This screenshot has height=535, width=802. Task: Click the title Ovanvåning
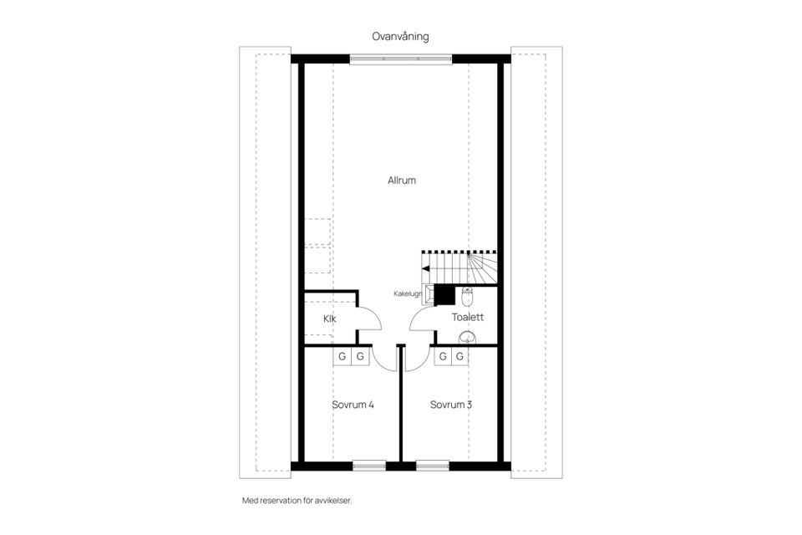click(401, 36)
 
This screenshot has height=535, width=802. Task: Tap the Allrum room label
click(401, 181)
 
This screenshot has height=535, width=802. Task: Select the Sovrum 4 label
click(352, 405)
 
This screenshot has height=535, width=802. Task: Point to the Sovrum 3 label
click(451, 405)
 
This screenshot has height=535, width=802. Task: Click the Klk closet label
click(329, 318)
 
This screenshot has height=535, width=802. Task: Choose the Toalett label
click(468, 318)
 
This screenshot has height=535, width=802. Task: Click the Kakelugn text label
click(409, 294)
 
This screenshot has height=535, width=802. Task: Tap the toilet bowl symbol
click(467, 295)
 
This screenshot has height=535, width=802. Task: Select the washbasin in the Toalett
click(468, 337)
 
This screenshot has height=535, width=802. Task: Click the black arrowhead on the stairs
click(426, 268)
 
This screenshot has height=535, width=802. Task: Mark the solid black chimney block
click(444, 294)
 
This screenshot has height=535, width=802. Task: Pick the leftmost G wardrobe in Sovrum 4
click(342, 357)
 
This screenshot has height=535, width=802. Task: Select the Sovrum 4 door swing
click(384, 359)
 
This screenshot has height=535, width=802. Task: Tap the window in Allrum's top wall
click(401, 59)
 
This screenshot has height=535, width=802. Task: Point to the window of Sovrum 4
click(368, 466)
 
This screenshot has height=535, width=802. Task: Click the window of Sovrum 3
click(433, 466)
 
